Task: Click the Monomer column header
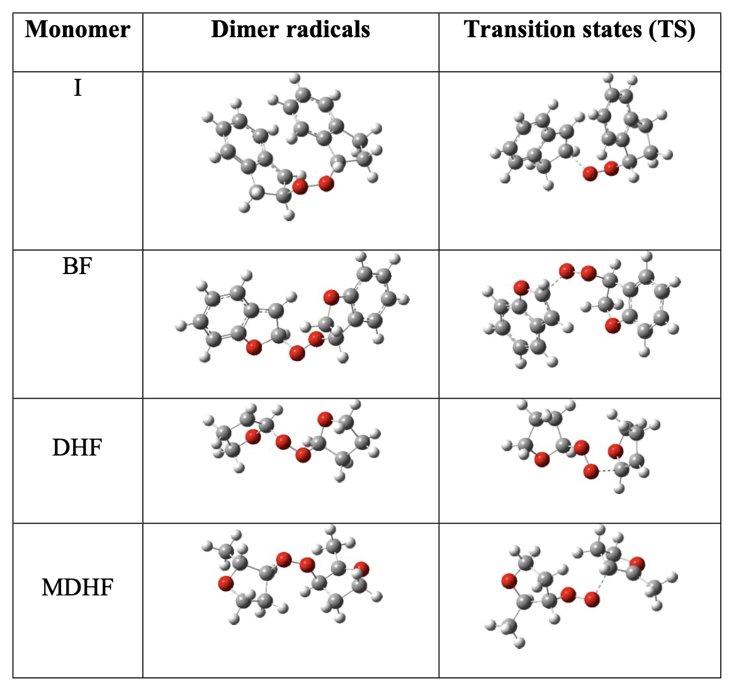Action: pos(78,30)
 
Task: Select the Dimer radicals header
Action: pos(290,30)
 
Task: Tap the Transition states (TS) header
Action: pos(579,30)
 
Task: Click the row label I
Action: pos(77,88)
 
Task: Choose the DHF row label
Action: pos(77,448)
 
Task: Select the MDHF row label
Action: pos(77,588)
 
